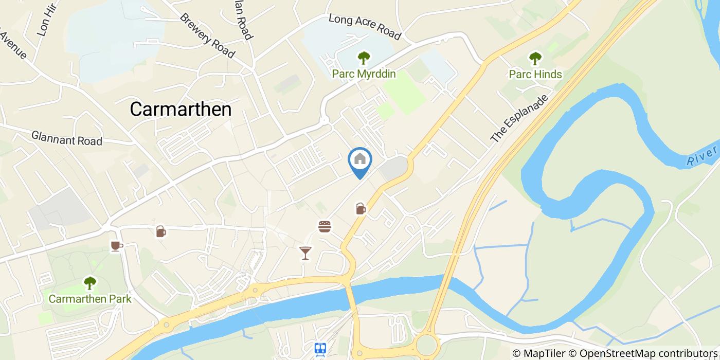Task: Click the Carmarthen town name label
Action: [181, 109]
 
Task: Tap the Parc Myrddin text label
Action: [364, 74]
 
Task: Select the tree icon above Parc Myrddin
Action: [364, 58]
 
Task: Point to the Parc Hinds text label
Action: [535, 74]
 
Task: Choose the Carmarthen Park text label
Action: [90, 299]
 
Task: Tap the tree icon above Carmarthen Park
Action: [90, 282]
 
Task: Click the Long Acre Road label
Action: [365, 27]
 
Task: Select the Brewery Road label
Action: [207, 35]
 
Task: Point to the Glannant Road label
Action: [67, 138]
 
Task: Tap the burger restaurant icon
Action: [325, 226]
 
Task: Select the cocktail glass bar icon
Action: [305, 253]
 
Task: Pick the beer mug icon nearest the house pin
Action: [361, 208]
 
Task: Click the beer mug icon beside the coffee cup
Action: [161, 231]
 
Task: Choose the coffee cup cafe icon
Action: [116, 246]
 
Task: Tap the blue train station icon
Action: [321, 349]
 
